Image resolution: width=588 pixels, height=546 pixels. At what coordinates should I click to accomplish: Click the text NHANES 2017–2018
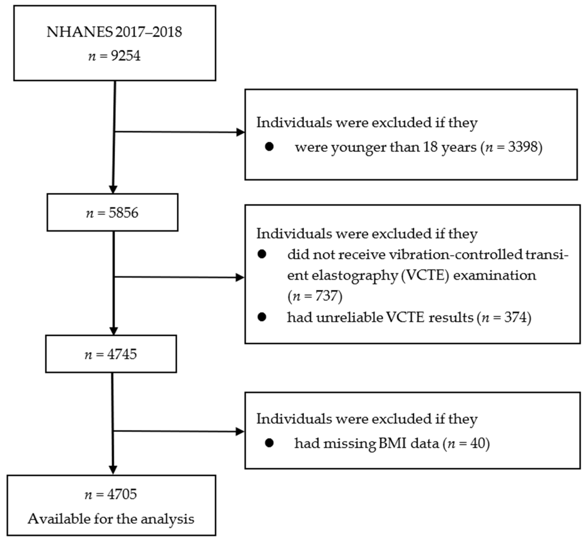click(114, 32)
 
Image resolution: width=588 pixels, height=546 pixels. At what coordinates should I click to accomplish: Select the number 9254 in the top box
click(125, 55)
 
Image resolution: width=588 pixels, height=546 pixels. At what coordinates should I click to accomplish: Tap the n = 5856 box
click(112, 212)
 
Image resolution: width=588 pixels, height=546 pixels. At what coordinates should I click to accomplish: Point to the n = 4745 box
click(111, 354)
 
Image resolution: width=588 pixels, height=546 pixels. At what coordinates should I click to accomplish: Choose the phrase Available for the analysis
click(111, 519)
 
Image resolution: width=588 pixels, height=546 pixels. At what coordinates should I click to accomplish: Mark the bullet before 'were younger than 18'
click(269, 146)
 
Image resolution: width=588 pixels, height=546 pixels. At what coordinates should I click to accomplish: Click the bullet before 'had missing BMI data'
click(269, 443)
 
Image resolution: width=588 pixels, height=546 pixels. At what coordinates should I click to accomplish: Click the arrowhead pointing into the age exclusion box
click(240, 132)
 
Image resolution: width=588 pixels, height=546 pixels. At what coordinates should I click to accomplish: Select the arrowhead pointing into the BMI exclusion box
click(240, 432)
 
